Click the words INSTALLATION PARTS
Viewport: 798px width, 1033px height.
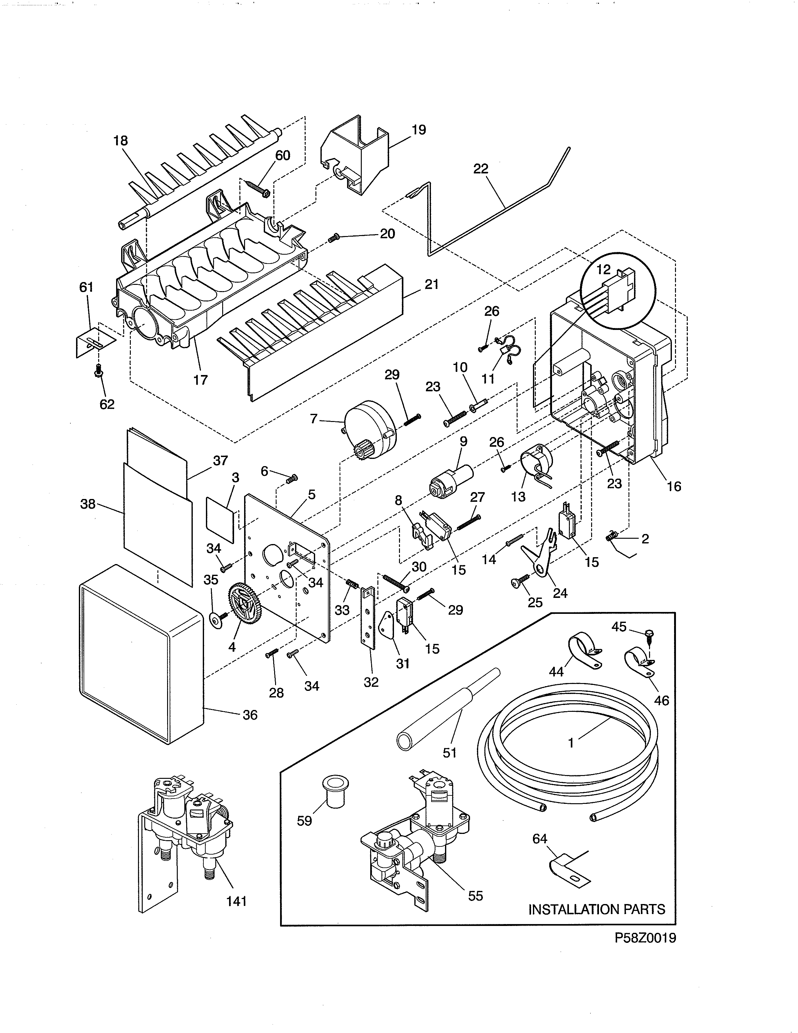[596, 909]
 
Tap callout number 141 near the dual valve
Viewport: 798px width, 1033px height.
[236, 902]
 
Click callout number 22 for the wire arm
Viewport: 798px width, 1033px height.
[481, 169]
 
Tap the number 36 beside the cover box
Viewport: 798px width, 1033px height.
[250, 715]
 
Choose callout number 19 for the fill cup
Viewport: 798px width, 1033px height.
[419, 130]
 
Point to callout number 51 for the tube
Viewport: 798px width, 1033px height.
[449, 752]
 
